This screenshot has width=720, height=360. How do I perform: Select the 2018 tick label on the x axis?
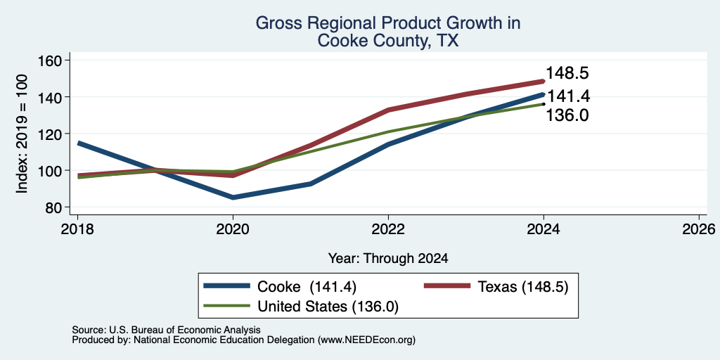pos(77,229)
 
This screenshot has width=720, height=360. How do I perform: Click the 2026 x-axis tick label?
pos(699,229)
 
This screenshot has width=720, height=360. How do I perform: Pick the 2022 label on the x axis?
pos(388,229)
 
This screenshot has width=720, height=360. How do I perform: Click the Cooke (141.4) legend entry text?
pos(307,287)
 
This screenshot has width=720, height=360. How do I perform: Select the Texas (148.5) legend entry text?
pos(523,287)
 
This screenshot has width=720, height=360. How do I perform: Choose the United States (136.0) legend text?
pos(328,307)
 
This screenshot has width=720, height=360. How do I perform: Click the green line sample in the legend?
pos(227,306)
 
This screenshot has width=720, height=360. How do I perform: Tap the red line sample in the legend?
pos(446,286)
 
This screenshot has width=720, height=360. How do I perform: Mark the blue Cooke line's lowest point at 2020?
pos(233,198)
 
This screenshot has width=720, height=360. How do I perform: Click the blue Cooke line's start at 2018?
pos(79,143)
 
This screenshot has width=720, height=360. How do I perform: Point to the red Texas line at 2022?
pos(388,110)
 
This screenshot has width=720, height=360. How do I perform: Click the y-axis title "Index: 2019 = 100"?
pos(22,134)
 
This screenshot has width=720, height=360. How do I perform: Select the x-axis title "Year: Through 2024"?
pos(388,259)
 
